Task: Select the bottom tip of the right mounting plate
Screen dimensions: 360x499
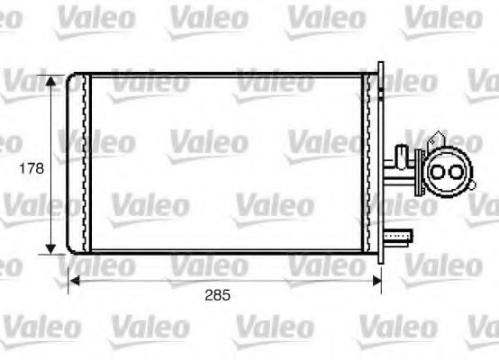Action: click(381, 263)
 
